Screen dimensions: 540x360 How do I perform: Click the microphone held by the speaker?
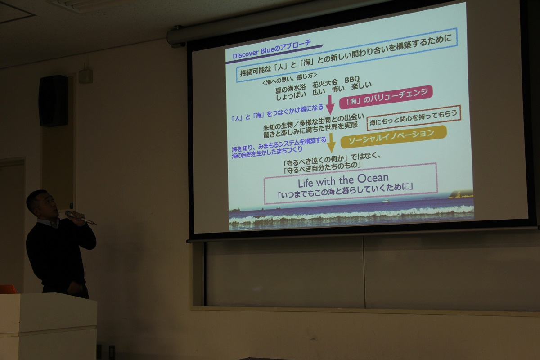click(x=80, y=217)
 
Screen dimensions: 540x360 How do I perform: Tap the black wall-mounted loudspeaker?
click(x=54, y=101)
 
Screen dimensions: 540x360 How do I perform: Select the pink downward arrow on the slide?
click(x=330, y=105)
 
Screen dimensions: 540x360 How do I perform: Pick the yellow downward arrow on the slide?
click(x=331, y=143)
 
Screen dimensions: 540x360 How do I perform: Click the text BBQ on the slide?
click(x=352, y=79)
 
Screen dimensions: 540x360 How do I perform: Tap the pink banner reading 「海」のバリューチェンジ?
click(x=386, y=97)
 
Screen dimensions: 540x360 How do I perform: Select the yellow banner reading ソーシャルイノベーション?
click(x=393, y=137)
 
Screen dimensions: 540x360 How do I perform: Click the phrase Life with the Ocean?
click(x=343, y=180)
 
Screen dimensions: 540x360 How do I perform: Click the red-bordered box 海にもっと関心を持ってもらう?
click(x=414, y=117)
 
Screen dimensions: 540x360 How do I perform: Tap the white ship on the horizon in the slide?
click(x=385, y=201)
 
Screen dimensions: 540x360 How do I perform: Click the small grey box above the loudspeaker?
click(x=86, y=76)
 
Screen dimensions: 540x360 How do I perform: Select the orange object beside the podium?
click(x=8, y=289)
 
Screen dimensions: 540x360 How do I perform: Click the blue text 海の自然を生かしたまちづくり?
click(x=267, y=153)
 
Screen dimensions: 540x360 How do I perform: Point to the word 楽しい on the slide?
click(x=361, y=85)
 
